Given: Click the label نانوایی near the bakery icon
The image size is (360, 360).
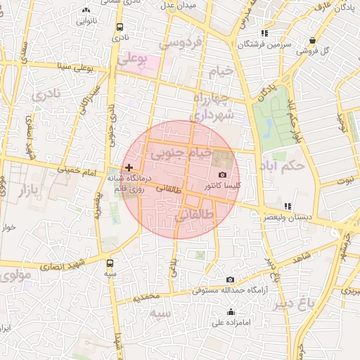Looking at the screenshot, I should [x=86, y=20].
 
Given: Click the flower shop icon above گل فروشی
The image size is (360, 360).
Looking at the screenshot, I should [x=311, y=39].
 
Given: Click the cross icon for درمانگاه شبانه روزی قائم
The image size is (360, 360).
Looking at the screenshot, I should [x=128, y=167].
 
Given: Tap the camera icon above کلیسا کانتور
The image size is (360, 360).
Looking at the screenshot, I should [x=223, y=174].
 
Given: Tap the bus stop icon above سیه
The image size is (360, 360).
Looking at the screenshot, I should [x=110, y=262].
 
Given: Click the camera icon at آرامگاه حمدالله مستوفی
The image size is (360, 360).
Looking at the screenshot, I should [x=230, y=279].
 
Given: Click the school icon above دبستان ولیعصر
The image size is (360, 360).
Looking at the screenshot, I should [x=287, y=206].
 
